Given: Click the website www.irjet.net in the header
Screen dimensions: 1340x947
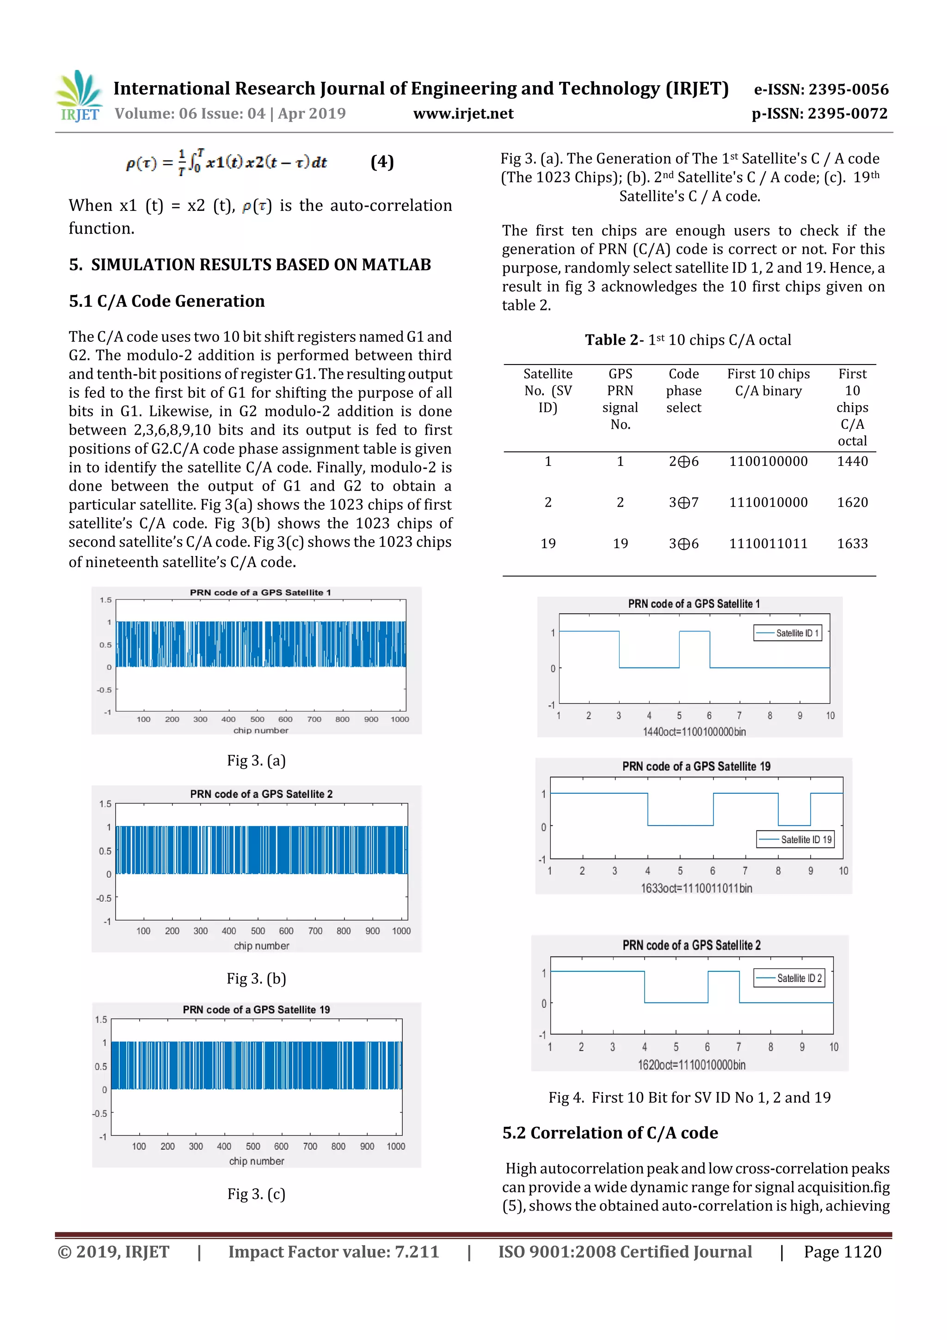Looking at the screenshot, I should pos(463,113).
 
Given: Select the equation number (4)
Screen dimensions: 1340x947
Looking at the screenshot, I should pos(382,162).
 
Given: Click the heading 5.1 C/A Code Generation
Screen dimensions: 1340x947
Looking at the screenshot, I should pos(167,301).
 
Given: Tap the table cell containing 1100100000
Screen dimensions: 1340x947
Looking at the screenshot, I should pos(768,461).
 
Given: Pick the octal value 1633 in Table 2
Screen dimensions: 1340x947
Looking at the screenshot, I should pos(852,543).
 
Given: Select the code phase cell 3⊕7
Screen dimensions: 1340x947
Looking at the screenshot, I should pos(683,502).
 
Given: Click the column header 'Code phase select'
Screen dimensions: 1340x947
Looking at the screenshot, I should pos(683,390).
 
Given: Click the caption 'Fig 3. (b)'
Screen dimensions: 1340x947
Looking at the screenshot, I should pos(256,978).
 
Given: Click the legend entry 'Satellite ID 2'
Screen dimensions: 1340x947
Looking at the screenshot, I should pos(798,978).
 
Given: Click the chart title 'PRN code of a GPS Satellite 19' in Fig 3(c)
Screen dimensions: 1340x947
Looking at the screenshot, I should pos(256,1010).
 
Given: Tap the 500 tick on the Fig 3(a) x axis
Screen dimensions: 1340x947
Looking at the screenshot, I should pos(257,719).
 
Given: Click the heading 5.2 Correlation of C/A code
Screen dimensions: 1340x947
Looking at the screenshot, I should pos(610,1133).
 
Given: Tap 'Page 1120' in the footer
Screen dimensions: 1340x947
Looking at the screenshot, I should pos(842,1252).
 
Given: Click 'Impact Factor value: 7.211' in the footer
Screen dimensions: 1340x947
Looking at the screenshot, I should pos(333,1252).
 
